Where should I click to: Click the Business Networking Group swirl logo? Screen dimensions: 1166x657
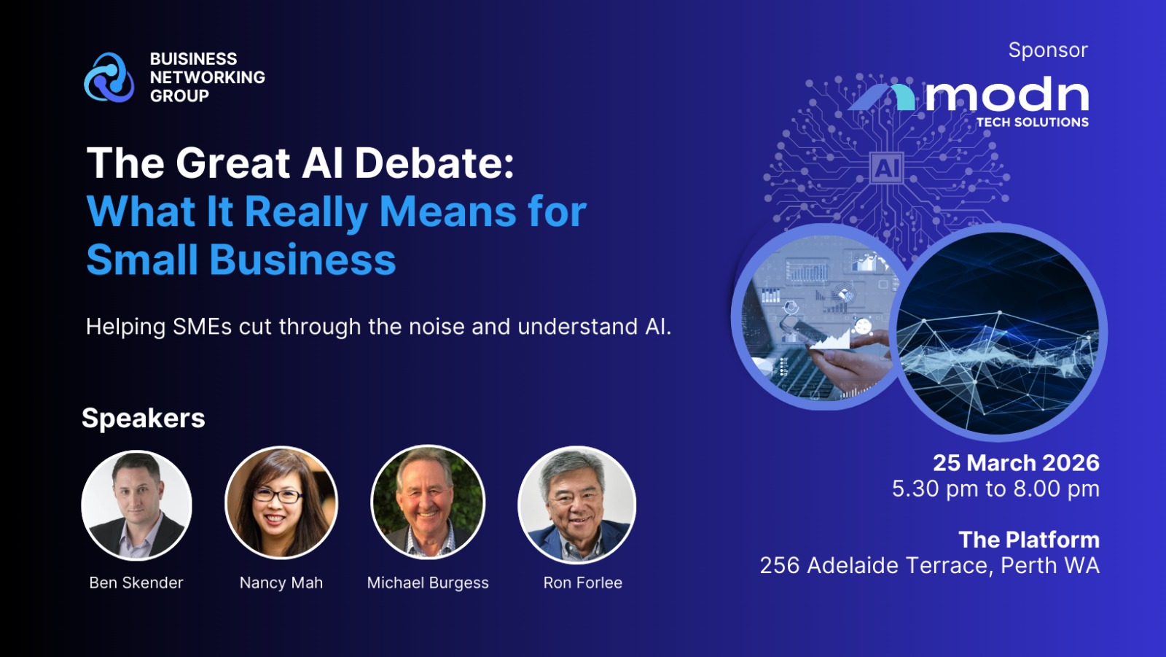coord(109,77)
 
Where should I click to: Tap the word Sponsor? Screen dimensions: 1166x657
coord(1048,50)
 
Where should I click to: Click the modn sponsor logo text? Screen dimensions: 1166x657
coord(1006,94)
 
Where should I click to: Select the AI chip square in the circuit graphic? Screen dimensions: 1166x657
coord(886,168)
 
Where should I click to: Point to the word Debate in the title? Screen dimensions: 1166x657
coord(434,163)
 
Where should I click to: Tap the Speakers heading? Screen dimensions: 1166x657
coord(144,418)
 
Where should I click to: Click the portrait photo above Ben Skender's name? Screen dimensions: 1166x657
coord(136,505)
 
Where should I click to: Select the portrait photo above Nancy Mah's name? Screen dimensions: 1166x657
coord(281,503)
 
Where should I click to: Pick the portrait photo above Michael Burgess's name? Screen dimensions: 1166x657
coord(428,502)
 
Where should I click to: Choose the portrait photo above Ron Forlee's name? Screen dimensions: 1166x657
coord(576,505)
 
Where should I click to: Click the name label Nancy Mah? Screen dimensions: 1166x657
coord(281,583)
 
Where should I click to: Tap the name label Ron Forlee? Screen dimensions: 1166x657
coord(583,583)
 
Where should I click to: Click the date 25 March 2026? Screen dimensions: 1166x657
coord(1016,462)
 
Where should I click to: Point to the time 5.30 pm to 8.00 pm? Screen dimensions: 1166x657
coord(995,489)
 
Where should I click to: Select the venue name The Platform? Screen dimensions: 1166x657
coord(1029,540)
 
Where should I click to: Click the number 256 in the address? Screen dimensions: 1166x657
coord(780,566)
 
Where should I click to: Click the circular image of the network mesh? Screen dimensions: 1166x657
coord(998,333)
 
